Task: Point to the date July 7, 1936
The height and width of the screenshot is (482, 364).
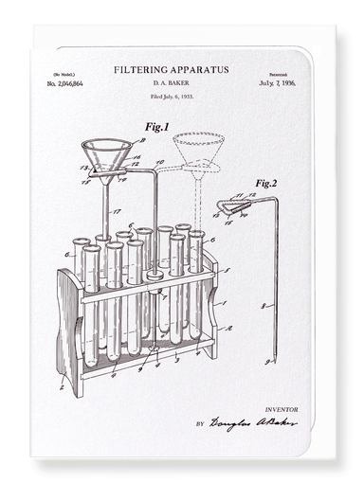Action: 277,84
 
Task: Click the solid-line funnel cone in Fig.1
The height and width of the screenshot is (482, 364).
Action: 107,153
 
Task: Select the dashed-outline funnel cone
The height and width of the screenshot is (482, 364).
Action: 198,147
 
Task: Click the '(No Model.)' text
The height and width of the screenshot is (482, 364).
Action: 65,72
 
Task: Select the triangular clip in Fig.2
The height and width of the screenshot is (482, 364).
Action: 232,205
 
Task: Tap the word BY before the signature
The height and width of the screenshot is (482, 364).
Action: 199,424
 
